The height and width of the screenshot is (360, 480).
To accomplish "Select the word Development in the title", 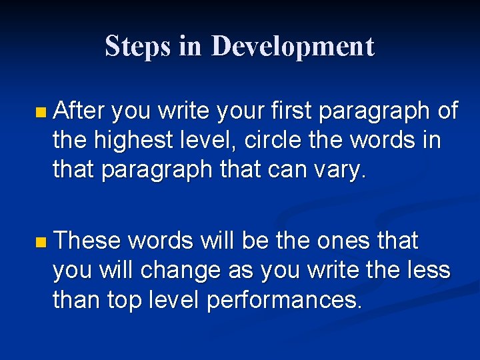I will [x=293, y=46].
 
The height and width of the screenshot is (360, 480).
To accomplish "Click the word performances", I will [x=285, y=301].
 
